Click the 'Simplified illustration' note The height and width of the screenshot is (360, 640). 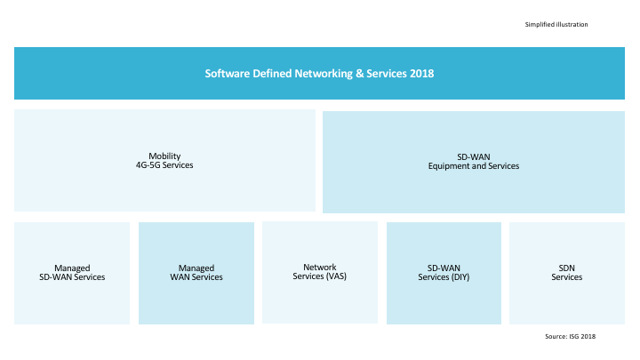pos(556,24)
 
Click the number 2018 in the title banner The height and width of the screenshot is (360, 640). pos(423,73)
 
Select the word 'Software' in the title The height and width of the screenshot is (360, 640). pos(227,73)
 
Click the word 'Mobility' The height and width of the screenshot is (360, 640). pos(164,156)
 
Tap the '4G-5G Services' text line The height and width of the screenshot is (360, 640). pos(164,165)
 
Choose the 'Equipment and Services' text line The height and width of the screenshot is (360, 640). pos(474,166)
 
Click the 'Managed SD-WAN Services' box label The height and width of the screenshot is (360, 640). pos(72,272)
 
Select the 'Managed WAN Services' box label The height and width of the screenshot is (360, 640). pos(196,272)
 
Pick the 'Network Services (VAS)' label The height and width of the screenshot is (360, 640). pos(320,272)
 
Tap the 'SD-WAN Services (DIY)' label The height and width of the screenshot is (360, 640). pos(444,272)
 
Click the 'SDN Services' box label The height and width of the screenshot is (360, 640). pos(567,272)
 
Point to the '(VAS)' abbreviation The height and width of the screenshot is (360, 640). pos(336,276)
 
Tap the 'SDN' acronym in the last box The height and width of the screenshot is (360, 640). pos(567,268)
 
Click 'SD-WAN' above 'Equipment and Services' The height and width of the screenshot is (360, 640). pos(474,156)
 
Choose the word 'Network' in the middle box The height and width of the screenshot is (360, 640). pos(320,267)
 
